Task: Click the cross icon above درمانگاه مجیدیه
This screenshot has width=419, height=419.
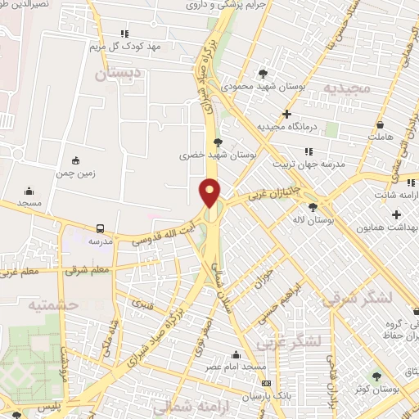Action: (x=286, y=114)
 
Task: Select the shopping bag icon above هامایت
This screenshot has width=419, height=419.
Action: (x=381, y=125)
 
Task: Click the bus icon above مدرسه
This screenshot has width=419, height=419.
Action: (x=100, y=229)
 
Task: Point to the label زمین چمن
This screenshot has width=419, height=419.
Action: (x=77, y=173)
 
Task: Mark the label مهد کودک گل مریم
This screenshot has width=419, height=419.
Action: (x=124, y=46)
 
